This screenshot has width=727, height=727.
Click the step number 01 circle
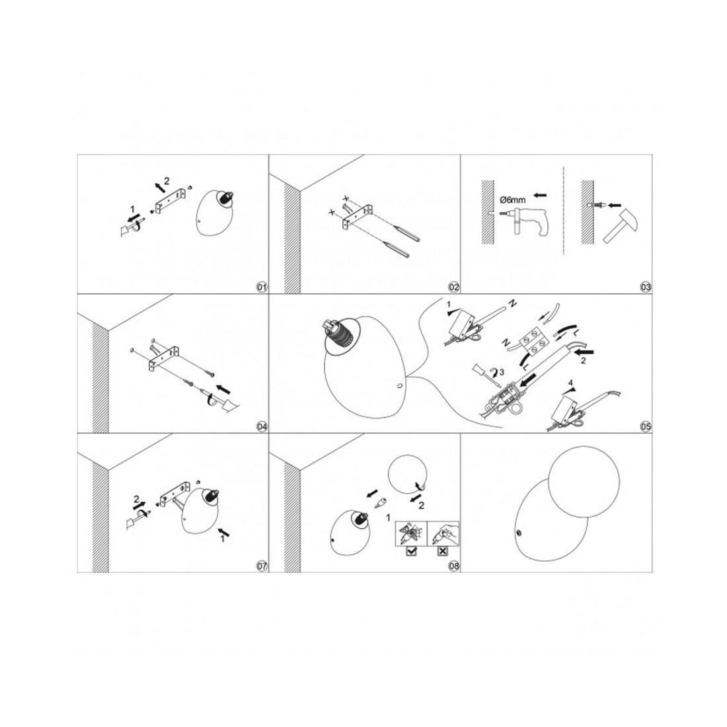(x=262, y=287)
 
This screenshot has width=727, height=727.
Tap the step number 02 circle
(x=454, y=287)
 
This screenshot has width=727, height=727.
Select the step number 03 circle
(x=646, y=287)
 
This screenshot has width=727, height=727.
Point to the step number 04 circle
(x=262, y=426)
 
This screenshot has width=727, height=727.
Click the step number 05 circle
(x=646, y=426)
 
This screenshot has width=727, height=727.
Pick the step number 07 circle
(x=262, y=566)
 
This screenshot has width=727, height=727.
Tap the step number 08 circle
(x=454, y=566)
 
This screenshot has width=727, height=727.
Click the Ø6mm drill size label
(x=513, y=200)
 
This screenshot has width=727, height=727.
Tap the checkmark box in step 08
(x=410, y=551)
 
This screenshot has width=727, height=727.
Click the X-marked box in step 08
(x=442, y=551)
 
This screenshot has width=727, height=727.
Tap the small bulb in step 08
(x=381, y=502)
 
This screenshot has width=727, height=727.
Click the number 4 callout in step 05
(x=571, y=383)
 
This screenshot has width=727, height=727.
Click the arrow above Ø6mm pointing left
(x=539, y=195)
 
